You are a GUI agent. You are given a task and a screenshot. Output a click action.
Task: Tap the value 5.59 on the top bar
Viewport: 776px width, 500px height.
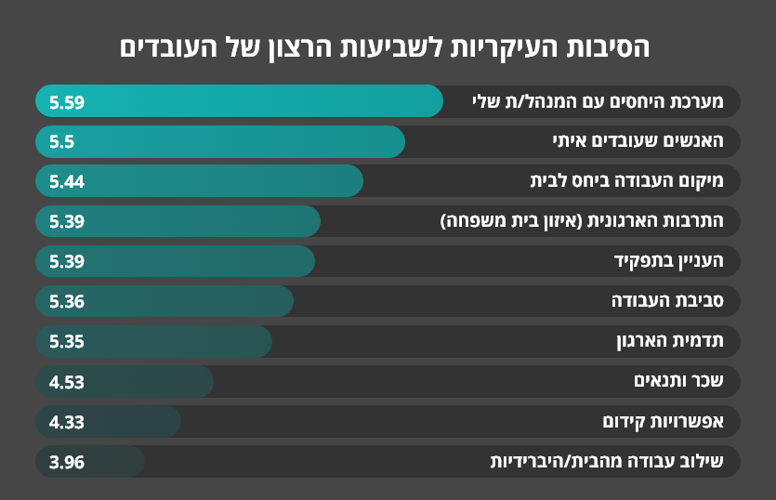(x=67, y=102)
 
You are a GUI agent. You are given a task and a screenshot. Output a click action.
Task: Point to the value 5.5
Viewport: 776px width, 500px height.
(x=61, y=142)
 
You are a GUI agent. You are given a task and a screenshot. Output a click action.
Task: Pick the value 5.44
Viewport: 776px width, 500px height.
(x=67, y=182)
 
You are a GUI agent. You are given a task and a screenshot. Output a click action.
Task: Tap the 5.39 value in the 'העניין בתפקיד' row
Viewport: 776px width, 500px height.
(x=67, y=262)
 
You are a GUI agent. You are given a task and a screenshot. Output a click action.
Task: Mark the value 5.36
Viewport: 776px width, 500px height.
(x=67, y=302)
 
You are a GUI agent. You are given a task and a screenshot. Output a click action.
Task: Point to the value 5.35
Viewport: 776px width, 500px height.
(x=67, y=342)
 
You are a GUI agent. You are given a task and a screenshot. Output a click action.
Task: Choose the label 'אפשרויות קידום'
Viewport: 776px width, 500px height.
(x=663, y=422)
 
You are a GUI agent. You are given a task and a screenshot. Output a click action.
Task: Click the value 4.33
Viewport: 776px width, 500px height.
(x=67, y=422)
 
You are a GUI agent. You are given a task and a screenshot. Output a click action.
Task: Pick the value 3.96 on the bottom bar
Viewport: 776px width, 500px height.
(x=67, y=462)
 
